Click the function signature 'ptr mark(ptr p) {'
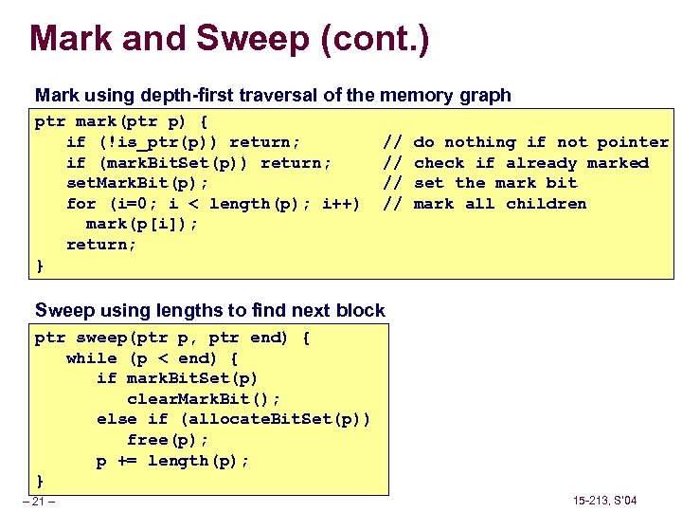click(x=121, y=121)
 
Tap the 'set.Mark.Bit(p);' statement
click(x=137, y=183)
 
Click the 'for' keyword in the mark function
click(x=81, y=204)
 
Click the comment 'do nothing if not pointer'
click(x=541, y=142)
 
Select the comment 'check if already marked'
click(x=531, y=163)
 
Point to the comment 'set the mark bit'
click(x=495, y=183)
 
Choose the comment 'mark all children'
click(x=500, y=204)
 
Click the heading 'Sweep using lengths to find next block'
click(x=209, y=310)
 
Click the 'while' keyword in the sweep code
click(x=91, y=358)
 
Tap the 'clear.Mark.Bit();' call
click(x=204, y=399)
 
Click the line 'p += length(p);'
click(x=172, y=461)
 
